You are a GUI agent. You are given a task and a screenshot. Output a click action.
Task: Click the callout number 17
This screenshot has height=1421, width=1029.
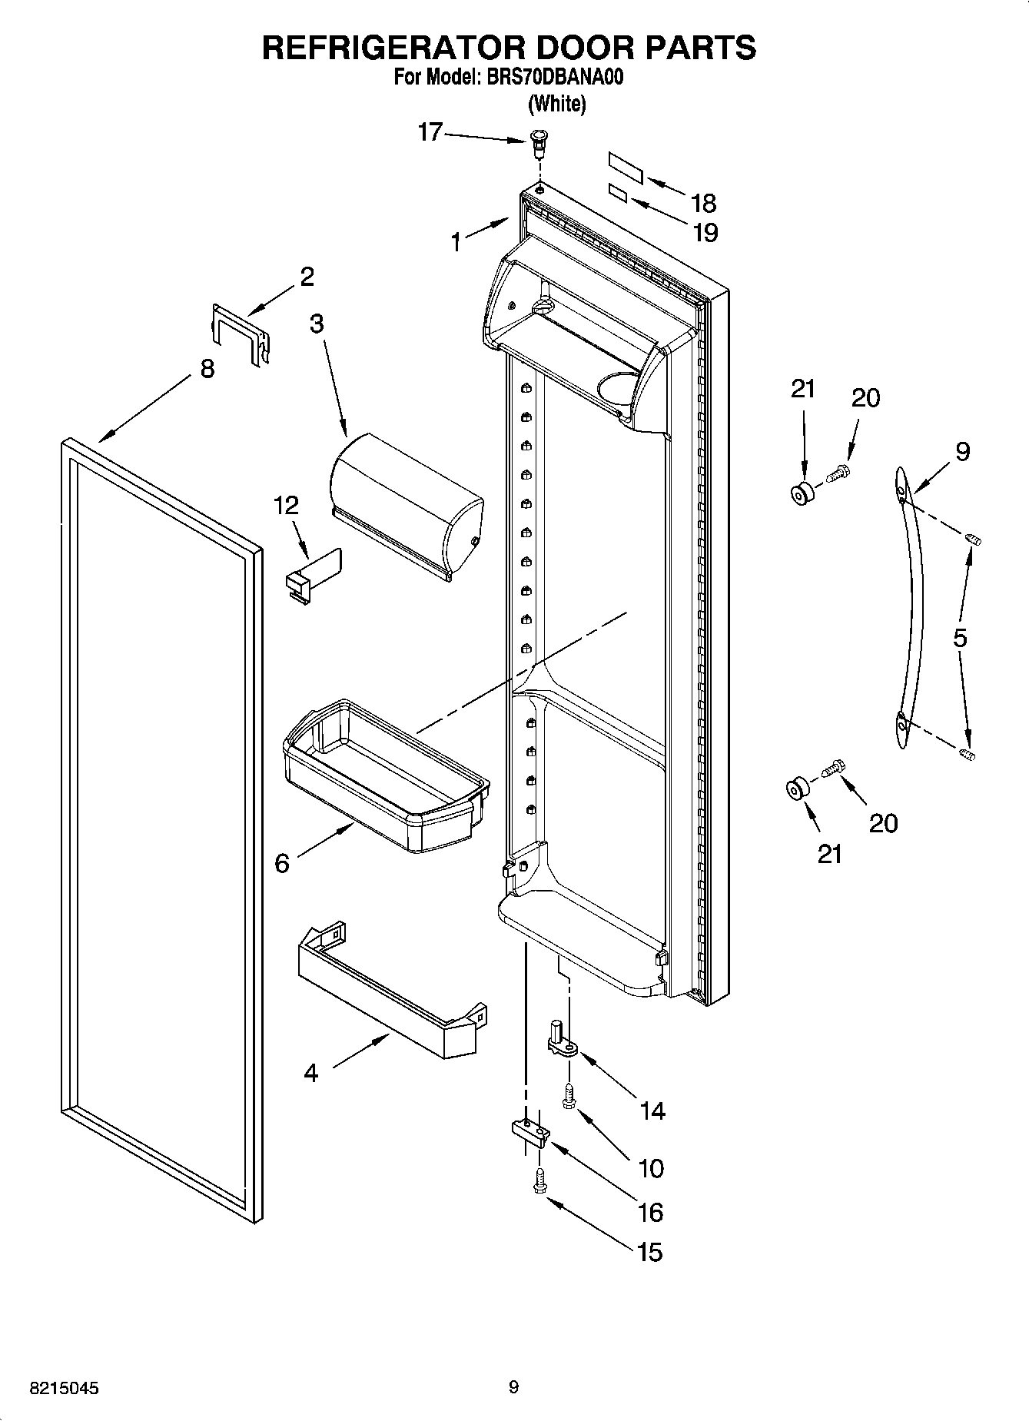click(x=430, y=132)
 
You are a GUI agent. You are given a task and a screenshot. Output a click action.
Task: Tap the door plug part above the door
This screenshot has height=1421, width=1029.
click(x=540, y=143)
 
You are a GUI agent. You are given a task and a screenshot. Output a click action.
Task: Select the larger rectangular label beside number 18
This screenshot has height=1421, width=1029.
click(x=625, y=167)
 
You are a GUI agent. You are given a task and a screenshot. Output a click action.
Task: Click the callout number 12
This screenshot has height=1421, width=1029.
click(x=286, y=506)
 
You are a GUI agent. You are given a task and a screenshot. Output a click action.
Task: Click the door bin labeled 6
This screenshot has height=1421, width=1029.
click(x=384, y=776)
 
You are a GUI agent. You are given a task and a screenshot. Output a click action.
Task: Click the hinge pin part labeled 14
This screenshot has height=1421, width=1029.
click(x=561, y=1038)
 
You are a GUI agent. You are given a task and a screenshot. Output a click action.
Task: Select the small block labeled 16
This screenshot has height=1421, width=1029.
click(x=529, y=1131)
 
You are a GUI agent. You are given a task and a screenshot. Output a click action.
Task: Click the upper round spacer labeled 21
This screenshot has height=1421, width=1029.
click(x=802, y=493)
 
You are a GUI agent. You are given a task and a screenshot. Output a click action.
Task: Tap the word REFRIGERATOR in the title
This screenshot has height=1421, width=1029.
click(x=393, y=47)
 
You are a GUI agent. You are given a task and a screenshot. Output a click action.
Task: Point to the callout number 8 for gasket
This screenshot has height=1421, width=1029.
click(x=207, y=370)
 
